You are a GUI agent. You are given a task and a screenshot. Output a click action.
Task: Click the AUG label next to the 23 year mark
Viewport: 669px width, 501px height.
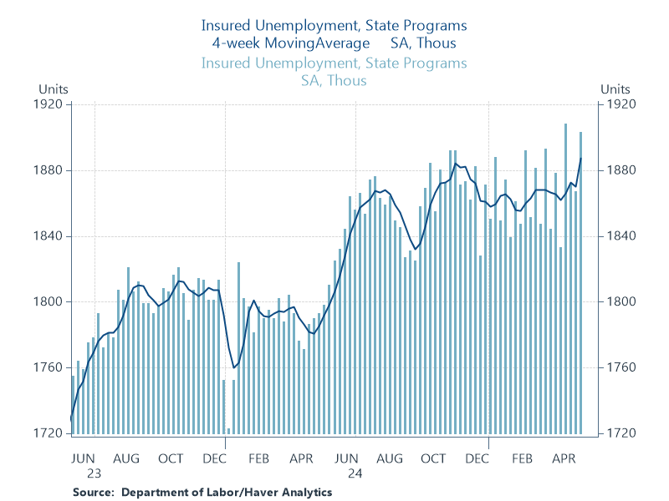click(x=126, y=458)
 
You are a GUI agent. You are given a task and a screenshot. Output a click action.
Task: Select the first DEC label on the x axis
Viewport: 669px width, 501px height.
click(x=215, y=458)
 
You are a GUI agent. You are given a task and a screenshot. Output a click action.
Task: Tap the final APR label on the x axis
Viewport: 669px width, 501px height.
click(x=564, y=458)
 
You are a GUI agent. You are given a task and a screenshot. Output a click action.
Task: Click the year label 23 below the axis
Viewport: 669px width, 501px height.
click(x=84, y=473)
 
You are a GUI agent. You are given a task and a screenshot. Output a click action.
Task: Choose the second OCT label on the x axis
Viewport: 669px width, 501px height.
click(x=433, y=458)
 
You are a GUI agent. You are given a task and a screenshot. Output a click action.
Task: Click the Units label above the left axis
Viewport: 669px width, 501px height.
click(x=52, y=89)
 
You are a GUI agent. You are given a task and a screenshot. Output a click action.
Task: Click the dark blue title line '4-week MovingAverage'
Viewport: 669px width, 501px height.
click(x=291, y=43)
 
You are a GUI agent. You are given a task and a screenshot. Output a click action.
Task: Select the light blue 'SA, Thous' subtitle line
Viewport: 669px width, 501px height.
click(x=334, y=80)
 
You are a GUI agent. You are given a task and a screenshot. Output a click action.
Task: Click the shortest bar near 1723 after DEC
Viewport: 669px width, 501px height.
click(x=228, y=431)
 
